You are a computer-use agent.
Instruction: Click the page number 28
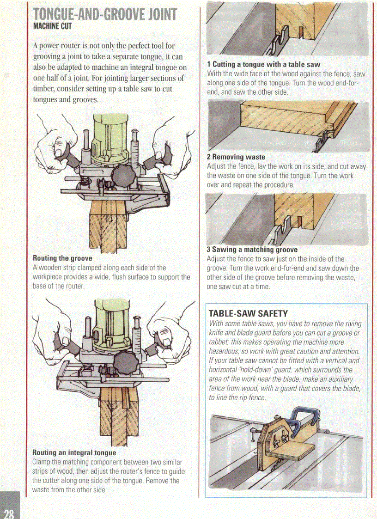click(x=9, y=512)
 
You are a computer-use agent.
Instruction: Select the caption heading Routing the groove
click(x=62, y=258)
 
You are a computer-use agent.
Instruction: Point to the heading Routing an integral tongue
click(x=74, y=452)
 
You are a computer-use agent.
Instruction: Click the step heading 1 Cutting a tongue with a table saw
click(x=263, y=65)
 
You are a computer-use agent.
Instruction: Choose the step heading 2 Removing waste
click(x=236, y=157)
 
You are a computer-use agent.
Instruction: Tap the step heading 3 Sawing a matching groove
click(x=252, y=250)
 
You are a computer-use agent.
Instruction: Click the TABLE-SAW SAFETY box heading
click(x=249, y=313)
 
